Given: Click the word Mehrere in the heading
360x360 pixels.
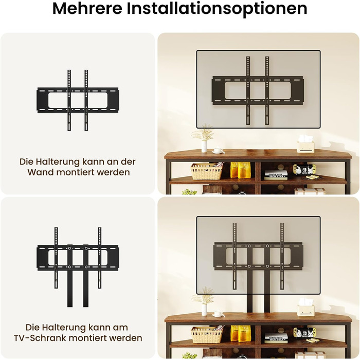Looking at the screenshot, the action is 87,9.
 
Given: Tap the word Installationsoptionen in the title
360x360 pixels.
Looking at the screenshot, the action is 217,9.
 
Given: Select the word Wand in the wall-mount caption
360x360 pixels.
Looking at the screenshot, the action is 40,172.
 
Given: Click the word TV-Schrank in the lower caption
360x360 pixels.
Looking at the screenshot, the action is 40,338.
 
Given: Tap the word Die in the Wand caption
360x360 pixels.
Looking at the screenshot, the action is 26,161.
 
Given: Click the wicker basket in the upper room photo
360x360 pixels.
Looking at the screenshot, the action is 206,171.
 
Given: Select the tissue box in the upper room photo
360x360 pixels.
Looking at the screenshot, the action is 305,144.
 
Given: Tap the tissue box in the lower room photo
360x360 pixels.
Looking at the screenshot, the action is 305,308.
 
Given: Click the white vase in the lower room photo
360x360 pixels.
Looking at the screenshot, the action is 204,310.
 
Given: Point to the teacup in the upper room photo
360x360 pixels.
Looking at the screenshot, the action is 217,151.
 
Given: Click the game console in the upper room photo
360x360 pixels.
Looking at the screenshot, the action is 304,169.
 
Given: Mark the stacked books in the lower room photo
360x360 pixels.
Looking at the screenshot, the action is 276,338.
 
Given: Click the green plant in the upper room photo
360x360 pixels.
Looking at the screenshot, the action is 189,192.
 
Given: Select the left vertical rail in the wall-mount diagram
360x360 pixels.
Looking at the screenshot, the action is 69,100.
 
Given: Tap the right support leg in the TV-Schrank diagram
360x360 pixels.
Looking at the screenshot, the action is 86,276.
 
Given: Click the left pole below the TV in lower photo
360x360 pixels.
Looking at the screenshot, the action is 249,303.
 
